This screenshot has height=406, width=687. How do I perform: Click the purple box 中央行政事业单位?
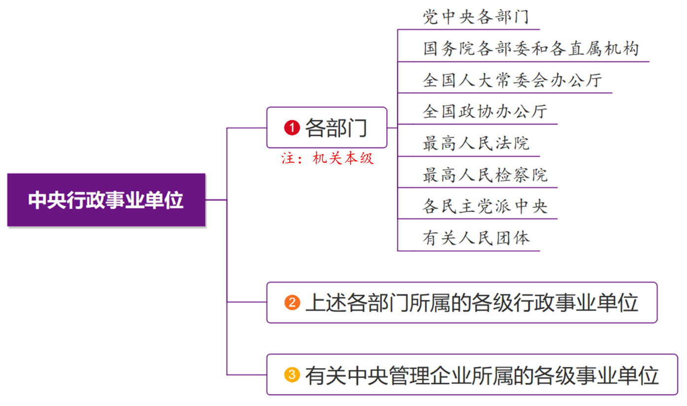point(106,200)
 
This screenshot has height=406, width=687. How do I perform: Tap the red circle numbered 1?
point(292,128)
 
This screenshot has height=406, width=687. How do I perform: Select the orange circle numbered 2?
point(292,303)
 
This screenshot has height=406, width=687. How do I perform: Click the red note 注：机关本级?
point(328,158)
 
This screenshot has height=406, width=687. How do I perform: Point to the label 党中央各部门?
point(476,17)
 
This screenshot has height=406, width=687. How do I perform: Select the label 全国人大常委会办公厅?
point(512,80)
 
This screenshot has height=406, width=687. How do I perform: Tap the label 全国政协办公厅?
point(485,111)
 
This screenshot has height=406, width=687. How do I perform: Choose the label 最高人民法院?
point(476,143)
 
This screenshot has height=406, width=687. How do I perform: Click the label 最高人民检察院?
point(485,174)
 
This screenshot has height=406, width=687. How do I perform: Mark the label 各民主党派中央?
point(485,206)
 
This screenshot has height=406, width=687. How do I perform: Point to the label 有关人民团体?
point(476,238)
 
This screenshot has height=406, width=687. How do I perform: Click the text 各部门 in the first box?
point(336,128)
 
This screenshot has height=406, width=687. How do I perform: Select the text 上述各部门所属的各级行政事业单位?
point(472,303)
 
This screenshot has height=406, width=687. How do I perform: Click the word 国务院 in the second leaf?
point(449,48)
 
